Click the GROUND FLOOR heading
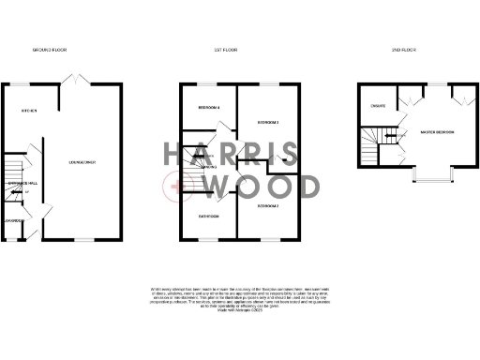(x=50, y=49)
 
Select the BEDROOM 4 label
(x=209, y=109)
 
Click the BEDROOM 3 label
(x=270, y=123)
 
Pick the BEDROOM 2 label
(x=270, y=204)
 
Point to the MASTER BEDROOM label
(x=438, y=131)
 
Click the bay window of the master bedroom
(x=434, y=175)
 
